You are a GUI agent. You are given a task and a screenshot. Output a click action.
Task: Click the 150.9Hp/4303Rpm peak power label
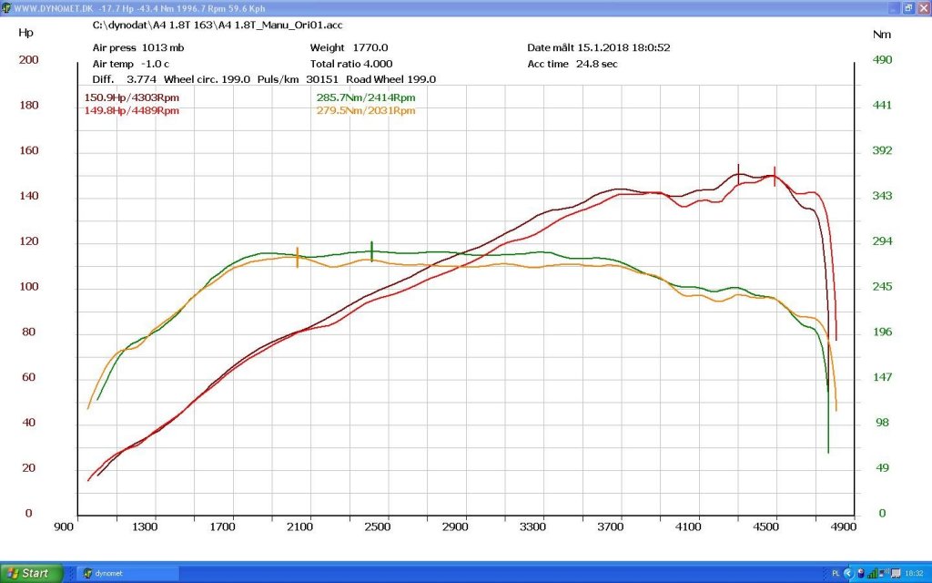[x=131, y=97]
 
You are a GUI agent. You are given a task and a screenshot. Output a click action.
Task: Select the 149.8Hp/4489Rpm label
[x=131, y=110]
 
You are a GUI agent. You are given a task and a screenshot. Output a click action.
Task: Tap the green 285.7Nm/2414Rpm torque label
[x=366, y=97]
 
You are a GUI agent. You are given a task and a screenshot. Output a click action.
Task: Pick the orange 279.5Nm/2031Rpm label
[x=366, y=110]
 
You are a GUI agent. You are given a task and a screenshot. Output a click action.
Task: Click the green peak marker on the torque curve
[x=371, y=251]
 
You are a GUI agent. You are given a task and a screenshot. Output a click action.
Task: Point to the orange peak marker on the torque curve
[x=298, y=257]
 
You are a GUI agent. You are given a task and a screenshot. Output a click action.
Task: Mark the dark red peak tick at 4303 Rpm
[x=738, y=174]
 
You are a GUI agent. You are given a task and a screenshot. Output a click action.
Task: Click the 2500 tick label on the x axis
[x=377, y=527]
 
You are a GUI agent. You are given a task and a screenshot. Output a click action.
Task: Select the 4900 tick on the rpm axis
[x=843, y=527]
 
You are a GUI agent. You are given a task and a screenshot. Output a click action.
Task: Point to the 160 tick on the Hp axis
[x=28, y=150]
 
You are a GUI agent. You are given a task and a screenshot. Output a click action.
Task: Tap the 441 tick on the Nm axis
[x=882, y=106]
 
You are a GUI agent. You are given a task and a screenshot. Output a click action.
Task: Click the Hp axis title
[x=25, y=33]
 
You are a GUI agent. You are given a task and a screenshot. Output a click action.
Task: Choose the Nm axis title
[x=881, y=35]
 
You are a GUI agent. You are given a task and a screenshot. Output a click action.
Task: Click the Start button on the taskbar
[x=31, y=574]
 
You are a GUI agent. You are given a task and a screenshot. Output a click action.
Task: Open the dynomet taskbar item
[x=127, y=574]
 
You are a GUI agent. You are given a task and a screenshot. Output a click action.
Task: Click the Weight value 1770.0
[x=370, y=47]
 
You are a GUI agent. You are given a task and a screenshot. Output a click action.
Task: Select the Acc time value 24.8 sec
[x=597, y=64]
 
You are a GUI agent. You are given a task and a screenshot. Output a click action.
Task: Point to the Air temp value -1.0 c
[x=155, y=64]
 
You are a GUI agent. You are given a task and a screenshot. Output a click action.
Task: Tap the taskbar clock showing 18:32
[x=914, y=574]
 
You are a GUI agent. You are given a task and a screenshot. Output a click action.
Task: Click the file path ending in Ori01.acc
[x=218, y=25]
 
